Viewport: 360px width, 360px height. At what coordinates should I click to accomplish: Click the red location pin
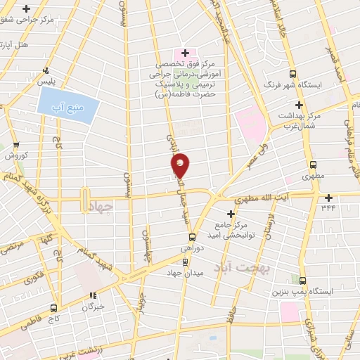pyautogui.click(x=180, y=167)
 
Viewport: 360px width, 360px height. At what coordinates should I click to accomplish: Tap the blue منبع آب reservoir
pyautogui.click(x=65, y=105)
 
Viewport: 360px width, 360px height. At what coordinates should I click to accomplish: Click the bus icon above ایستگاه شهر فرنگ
pyautogui.click(x=293, y=74)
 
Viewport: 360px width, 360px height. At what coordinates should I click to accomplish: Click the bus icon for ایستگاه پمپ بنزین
pyautogui.click(x=302, y=280)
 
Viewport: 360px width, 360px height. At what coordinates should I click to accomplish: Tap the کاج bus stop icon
pyautogui.click(x=53, y=308)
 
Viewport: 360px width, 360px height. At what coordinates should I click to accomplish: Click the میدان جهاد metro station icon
pyautogui.click(x=185, y=262)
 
